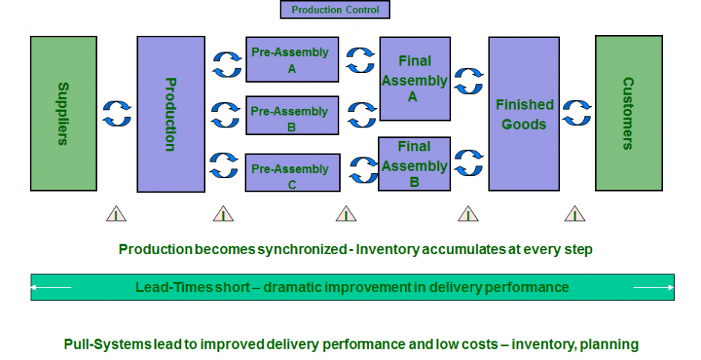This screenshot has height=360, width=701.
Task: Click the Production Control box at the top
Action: [x=335, y=10]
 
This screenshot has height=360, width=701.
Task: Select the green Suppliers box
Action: [x=63, y=113]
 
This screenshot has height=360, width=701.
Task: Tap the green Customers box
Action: [x=628, y=113]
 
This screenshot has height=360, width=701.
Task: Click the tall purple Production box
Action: [x=171, y=114]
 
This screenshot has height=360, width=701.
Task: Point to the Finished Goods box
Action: [x=524, y=114]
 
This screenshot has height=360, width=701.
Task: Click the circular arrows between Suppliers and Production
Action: [x=117, y=114]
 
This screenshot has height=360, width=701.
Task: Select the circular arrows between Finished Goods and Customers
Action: [x=576, y=114]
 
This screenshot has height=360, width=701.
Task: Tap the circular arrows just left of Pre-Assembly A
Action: [x=224, y=63]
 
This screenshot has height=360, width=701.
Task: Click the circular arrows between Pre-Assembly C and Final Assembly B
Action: [x=362, y=168]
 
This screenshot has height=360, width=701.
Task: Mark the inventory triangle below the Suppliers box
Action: [x=116, y=214]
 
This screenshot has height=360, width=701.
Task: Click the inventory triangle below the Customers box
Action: [x=574, y=214]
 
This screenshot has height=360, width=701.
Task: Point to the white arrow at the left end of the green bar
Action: [x=52, y=287]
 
